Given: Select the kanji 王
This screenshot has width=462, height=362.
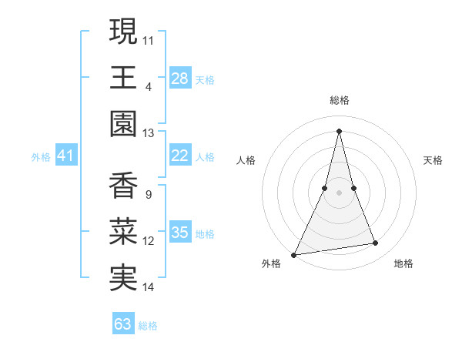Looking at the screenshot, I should [x=123, y=78].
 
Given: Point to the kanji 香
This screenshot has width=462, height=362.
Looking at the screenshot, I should [x=123, y=186].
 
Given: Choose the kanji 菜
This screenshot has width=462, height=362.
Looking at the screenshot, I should [x=123, y=233].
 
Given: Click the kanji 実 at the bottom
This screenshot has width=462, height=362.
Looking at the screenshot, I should [x=123, y=279].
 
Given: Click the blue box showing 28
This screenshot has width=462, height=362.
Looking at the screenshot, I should [x=180, y=79].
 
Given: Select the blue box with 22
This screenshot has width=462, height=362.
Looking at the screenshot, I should [x=180, y=156].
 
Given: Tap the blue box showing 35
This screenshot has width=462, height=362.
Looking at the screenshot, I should [x=180, y=233].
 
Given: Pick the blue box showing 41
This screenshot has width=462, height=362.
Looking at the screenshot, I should [x=66, y=156].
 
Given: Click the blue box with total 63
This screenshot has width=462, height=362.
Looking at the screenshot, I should [x=123, y=324].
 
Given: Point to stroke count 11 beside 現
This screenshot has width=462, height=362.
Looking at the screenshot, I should [x=149, y=39].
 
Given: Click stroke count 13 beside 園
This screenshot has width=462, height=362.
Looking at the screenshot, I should [x=149, y=133].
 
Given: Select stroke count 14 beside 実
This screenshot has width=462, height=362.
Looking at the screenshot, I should [x=149, y=287].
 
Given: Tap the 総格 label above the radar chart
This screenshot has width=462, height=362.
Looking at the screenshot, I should [x=339, y=100].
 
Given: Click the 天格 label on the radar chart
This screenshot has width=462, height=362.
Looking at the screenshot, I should [x=433, y=160].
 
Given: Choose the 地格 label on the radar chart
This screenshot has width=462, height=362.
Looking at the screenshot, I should [x=403, y=263].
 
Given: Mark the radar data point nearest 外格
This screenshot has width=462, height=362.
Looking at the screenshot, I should [x=294, y=254].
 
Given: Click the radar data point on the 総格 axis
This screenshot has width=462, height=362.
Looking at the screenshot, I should [x=339, y=131].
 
